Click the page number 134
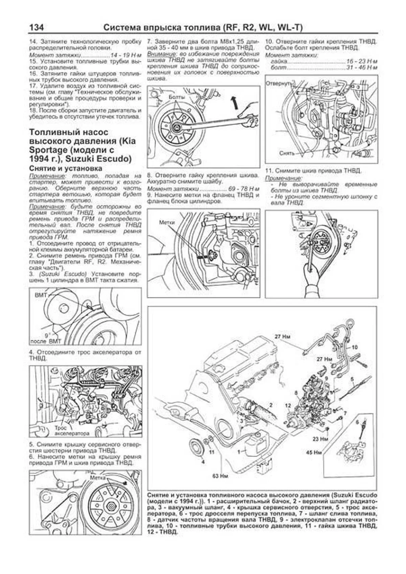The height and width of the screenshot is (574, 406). pyautogui.click(x=37, y=27)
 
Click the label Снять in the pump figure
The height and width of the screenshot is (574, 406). pyautogui.click(x=287, y=153)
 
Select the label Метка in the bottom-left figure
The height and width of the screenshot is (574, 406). pyautogui.click(x=98, y=478)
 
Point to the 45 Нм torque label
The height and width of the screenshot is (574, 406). pyautogui.click(x=314, y=452)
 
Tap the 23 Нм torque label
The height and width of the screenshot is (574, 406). pyautogui.click(x=320, y=439)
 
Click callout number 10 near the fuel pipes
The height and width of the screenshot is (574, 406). pyautogui.click(x=354, y=347)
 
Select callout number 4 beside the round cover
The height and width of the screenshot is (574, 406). pyautogui.click(x=203, y=461)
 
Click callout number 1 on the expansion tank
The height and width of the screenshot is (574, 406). pyautogui.click(x=239, y=451)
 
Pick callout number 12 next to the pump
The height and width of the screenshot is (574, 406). pyautogui.click(x=288, y=405)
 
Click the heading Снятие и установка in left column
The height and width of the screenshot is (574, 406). pyautogui.click(x=66, y=168)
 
